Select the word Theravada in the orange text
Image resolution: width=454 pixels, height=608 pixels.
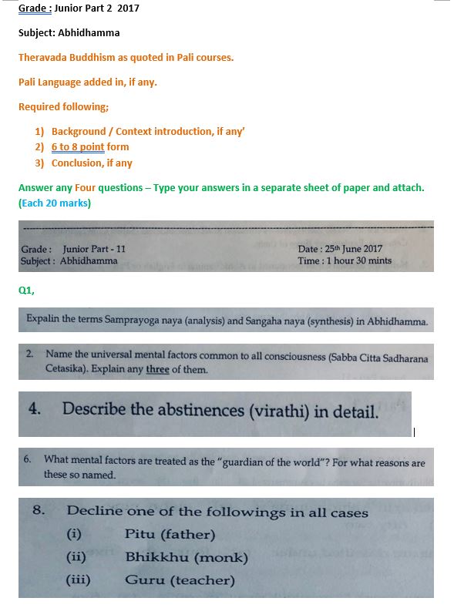coord(42,57)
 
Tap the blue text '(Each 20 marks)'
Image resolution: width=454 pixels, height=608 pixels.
coord(55,203)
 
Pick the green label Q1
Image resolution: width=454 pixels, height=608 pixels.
coord(26,291)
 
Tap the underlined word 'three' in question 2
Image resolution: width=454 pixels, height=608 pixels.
coord(157,369)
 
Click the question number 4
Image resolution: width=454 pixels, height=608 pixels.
coord(34,408)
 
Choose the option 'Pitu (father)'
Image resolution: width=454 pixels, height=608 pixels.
coord(170,534)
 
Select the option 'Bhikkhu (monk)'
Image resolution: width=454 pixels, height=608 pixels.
coord(186,557)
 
